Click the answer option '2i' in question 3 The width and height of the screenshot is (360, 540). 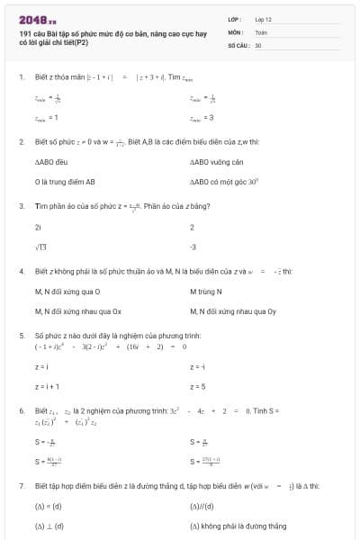(x=38, y=227)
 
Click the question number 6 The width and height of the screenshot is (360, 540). (x=21, y=409)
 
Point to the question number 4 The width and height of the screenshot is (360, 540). (x=21, y=270)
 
